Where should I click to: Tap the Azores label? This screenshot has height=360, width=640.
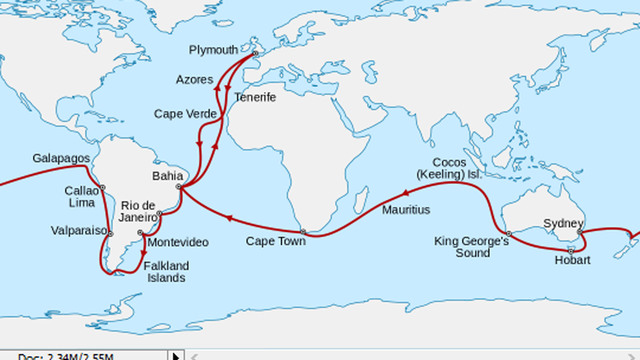[195, 78]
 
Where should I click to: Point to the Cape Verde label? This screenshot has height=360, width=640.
[186, 114]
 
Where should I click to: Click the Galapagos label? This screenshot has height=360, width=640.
[61, 159]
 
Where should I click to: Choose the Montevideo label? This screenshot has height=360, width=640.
[178, 243]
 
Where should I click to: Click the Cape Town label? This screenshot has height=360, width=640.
[276, 242]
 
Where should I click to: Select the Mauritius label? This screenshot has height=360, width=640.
[406, 211]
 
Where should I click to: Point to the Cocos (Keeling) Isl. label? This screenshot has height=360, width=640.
[466, 168]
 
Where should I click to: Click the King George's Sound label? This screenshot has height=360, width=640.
[472, 247]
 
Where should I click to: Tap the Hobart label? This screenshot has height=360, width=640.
[572, 260]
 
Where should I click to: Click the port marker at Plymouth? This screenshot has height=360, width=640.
[255, 54]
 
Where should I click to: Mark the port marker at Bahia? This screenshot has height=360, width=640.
[179, 187]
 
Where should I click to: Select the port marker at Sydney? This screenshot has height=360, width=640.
[580, 233]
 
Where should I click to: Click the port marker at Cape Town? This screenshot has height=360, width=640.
[303, 233]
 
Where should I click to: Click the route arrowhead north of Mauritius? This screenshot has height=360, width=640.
[407, 192]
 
